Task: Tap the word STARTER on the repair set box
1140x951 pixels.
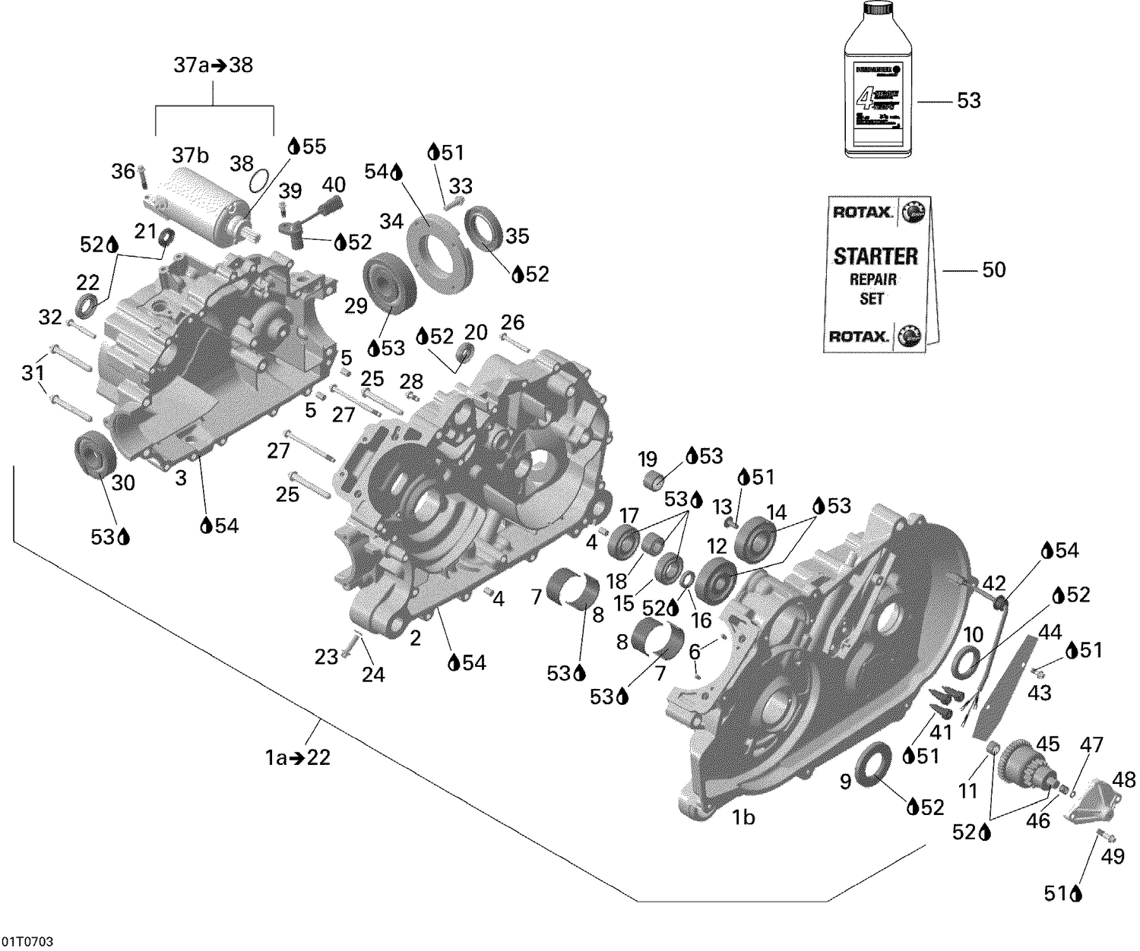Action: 876,256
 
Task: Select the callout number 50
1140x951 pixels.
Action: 993,270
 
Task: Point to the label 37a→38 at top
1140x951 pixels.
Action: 213,65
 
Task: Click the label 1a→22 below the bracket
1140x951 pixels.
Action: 297,757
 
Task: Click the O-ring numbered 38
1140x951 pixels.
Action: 258,182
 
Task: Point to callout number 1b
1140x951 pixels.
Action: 743,817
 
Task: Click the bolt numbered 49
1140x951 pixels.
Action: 1104,837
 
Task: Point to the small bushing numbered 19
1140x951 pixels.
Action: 654,481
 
